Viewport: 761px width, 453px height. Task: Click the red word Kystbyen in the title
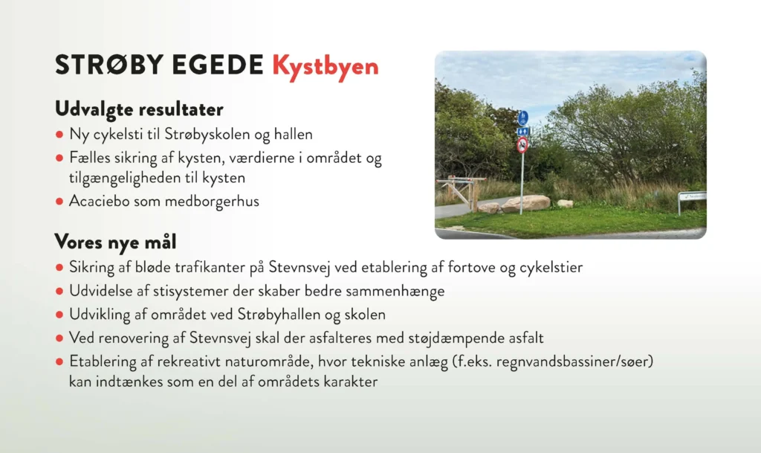tap(326, 66)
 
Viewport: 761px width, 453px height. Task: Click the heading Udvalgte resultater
tap(139, 109)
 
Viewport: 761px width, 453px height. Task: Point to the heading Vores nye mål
tap(115, 242)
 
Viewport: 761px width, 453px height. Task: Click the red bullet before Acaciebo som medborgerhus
tap(59, 201)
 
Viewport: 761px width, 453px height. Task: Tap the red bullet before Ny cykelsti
tap(59, 135)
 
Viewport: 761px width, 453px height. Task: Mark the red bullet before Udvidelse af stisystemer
tap(59, 292)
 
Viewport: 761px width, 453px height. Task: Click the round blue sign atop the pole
tap(522, 118)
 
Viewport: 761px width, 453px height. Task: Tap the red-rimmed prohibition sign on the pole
tap(522, 144)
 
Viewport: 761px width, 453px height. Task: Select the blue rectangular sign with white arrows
tap(522, 131)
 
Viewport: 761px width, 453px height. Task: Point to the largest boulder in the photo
tap(525, 203)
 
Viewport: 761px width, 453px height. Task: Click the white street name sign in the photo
tap(693, 196)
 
